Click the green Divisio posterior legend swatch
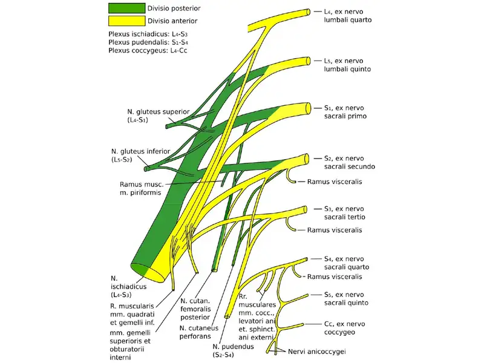pos(126,9)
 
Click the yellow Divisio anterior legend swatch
pos(126,21)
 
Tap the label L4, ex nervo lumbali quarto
pos(347,15)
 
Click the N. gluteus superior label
pos(149,116)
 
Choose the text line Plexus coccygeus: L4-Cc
pos(145,53)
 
